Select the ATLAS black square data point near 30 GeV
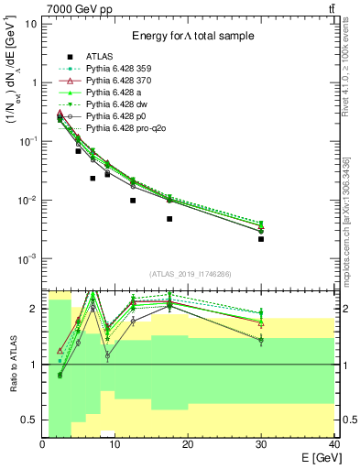tap(261, 239)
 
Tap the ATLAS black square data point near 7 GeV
tap(93, 179)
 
